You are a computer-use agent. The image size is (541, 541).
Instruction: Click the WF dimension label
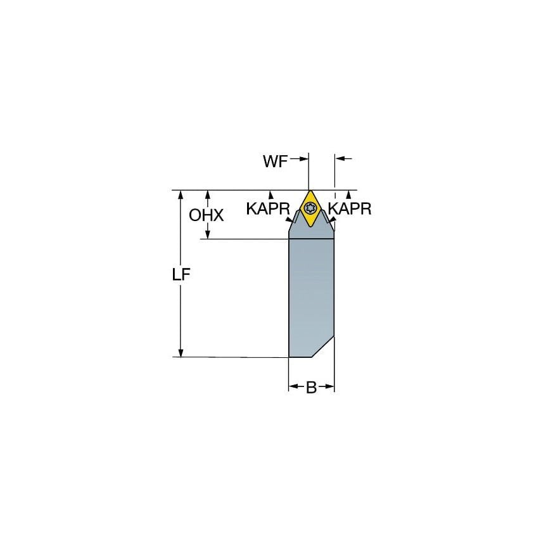coord(275,162)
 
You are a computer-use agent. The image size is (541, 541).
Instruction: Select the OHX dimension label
coord(207,215)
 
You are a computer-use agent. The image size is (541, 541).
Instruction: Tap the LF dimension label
coord(182,276)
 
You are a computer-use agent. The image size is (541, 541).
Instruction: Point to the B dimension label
coord(311,388)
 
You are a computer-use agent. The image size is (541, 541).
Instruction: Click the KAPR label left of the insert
coord(268,210)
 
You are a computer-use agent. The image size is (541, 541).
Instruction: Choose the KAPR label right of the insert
coord(350,210)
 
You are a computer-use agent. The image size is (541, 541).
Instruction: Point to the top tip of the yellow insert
coord(310,191)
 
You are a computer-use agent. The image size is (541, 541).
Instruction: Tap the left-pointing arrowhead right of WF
coord(339,159)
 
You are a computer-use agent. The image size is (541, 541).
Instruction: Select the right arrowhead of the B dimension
coord(329,386)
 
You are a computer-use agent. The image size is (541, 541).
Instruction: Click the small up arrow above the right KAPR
coord(348,194)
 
